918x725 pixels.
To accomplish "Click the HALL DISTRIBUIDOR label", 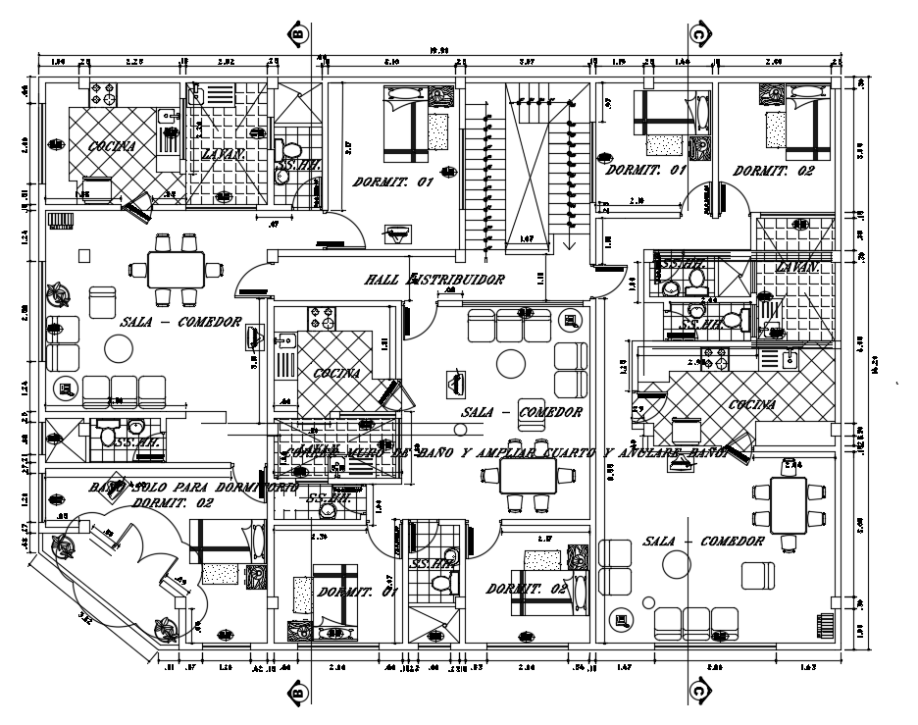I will pyautogui.click(x=433, y=280).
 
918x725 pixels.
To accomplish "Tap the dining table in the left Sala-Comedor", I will pyautogui.click(x=177, y=268).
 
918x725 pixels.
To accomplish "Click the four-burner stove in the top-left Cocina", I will pyautogui.click(x=104, y=94).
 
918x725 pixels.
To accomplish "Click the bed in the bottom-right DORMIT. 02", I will pyautogui.click(x=547, y=574).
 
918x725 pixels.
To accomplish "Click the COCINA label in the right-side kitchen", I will pyautogui.click(x=751, y=404).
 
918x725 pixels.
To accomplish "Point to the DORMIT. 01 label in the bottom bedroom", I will pyautogui.click(x=343, y=592).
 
